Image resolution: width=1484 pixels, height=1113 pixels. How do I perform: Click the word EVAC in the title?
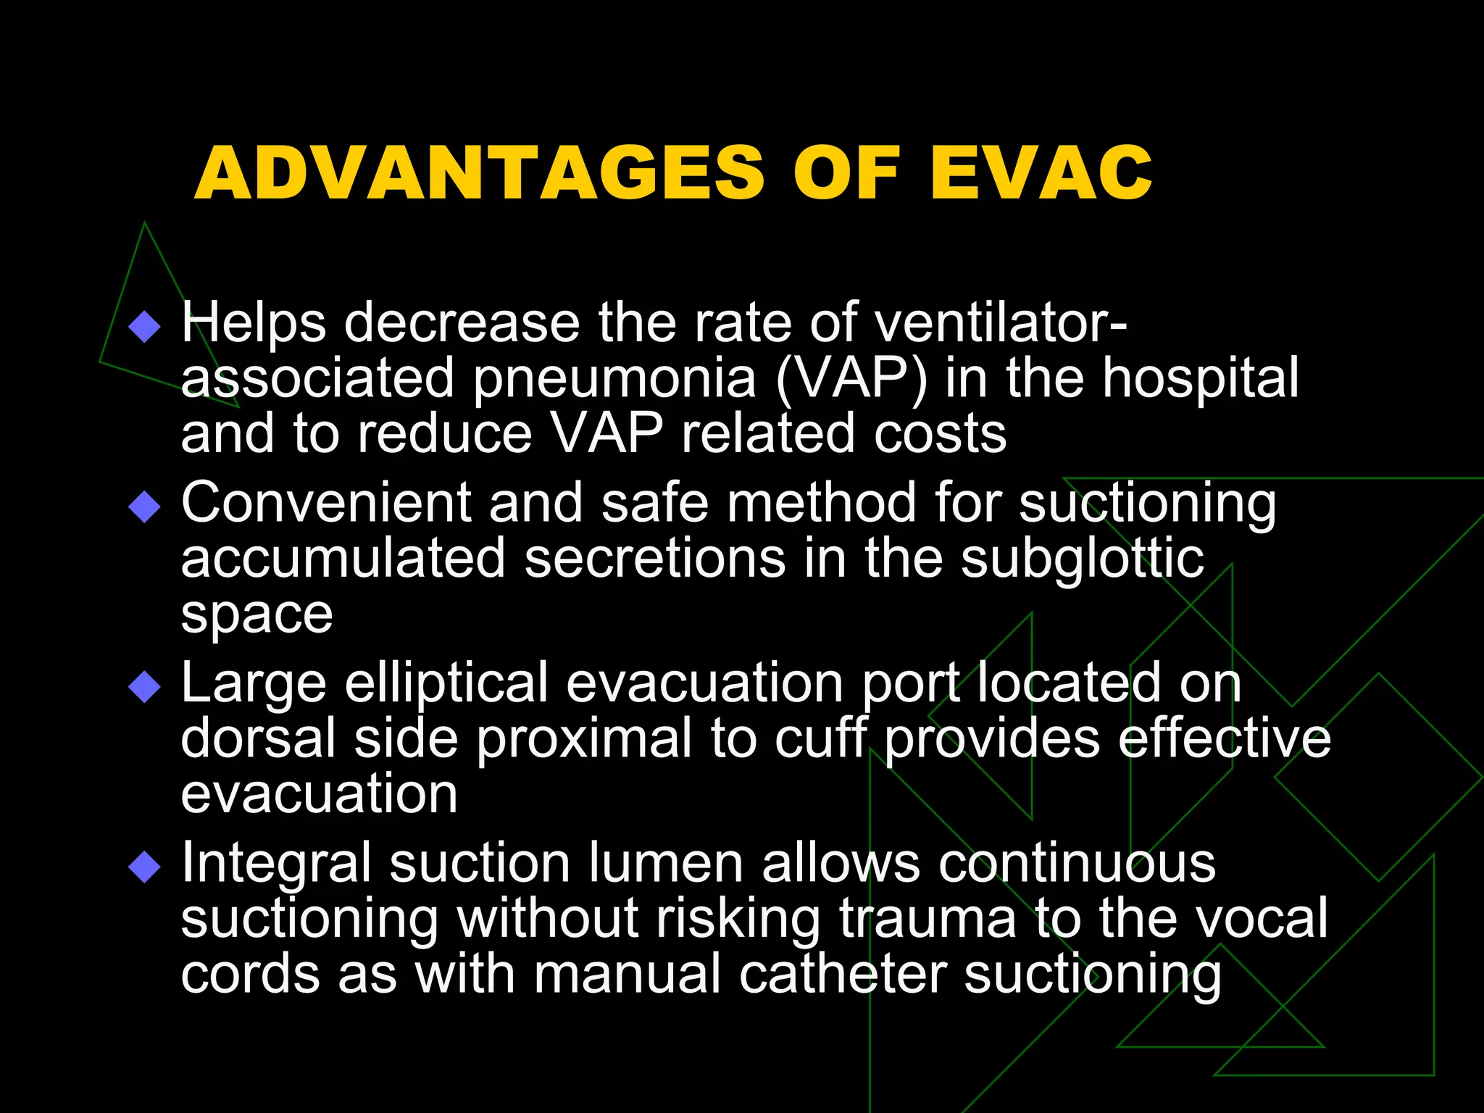(x=1041, y=173)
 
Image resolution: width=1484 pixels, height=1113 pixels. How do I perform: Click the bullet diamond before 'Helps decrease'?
(x=144, y=326)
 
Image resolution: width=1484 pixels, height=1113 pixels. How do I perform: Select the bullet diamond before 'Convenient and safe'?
(x=144, y=507)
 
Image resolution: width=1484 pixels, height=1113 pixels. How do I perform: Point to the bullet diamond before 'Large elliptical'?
(x=144, y=686)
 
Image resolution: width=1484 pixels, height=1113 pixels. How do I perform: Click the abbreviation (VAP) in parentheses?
(x=851, y=379)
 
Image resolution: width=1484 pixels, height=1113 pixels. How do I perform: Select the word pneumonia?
(x=614, y=379)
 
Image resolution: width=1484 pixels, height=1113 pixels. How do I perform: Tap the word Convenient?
(x=326, y=503)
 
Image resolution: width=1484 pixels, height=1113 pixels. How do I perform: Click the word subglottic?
(x=1083, y=560)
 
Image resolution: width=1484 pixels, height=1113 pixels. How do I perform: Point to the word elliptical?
(x=446, y=683)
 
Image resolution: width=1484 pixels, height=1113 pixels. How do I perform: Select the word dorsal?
(x=258, y=738)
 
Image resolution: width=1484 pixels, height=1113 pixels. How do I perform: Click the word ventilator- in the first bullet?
(x=1001, y=322)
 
